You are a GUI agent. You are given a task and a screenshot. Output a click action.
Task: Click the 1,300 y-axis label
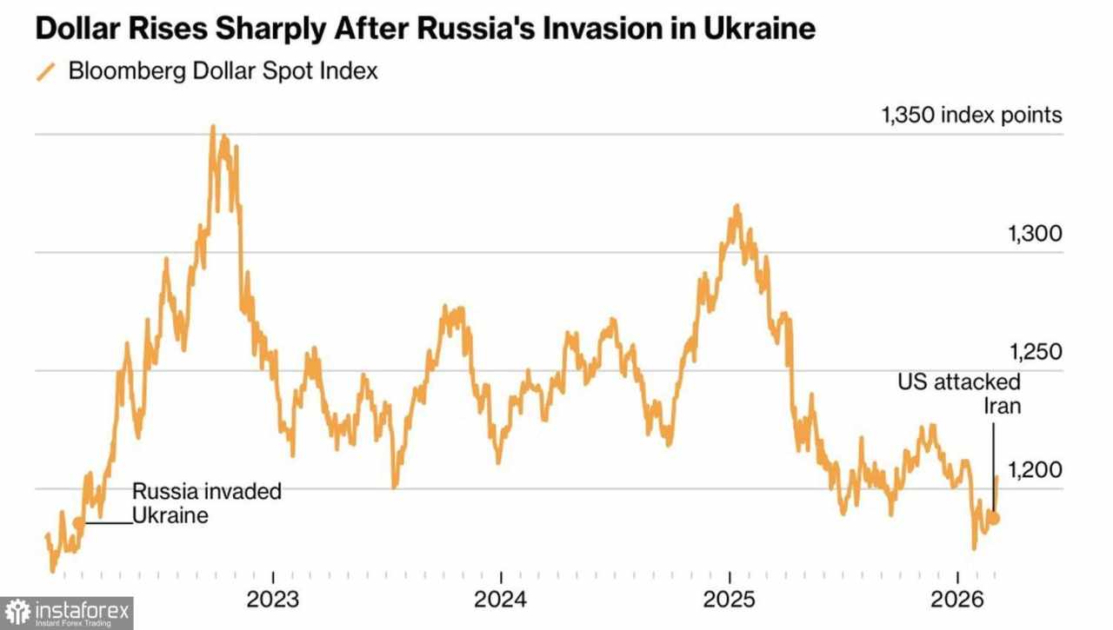click(1035, 234)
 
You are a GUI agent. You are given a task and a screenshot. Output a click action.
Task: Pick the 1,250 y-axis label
click(1035, 352)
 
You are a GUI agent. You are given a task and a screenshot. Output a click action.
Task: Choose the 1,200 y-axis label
click(1035, 470)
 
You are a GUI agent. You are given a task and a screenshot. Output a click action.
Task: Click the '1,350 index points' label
click(971, 116)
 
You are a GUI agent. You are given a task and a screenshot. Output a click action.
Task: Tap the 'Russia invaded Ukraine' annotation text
click(206, 503)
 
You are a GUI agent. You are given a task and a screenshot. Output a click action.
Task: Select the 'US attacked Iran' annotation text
click(959, 394)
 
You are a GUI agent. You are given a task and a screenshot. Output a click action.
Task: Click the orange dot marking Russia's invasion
click(78, 522)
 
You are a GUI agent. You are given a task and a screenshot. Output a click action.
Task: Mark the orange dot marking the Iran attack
click(996, 518)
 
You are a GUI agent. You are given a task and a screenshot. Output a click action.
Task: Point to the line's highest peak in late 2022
click(213, 128)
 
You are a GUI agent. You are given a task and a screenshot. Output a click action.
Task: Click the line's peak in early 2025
click(736, 207)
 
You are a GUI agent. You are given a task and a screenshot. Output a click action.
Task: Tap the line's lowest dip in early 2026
click(974, 547)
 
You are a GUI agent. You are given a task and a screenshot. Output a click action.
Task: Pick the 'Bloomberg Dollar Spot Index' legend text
click(223, 71)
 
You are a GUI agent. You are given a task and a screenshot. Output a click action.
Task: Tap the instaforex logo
click(67, 613)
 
